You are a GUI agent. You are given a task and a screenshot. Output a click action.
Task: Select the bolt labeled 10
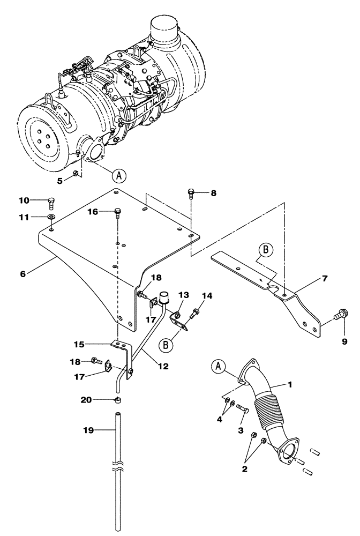(50, 203)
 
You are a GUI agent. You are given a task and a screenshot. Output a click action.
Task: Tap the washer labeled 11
(51, 217)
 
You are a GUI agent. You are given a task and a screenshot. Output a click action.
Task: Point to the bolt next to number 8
(191, 194)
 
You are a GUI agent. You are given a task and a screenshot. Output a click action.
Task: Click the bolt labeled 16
(117, 213)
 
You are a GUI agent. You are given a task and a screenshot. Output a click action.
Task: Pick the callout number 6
(22, 273)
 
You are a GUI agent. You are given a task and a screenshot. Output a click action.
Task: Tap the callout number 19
(88, 430)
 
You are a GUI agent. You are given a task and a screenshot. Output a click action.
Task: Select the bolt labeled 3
(243, 410)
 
